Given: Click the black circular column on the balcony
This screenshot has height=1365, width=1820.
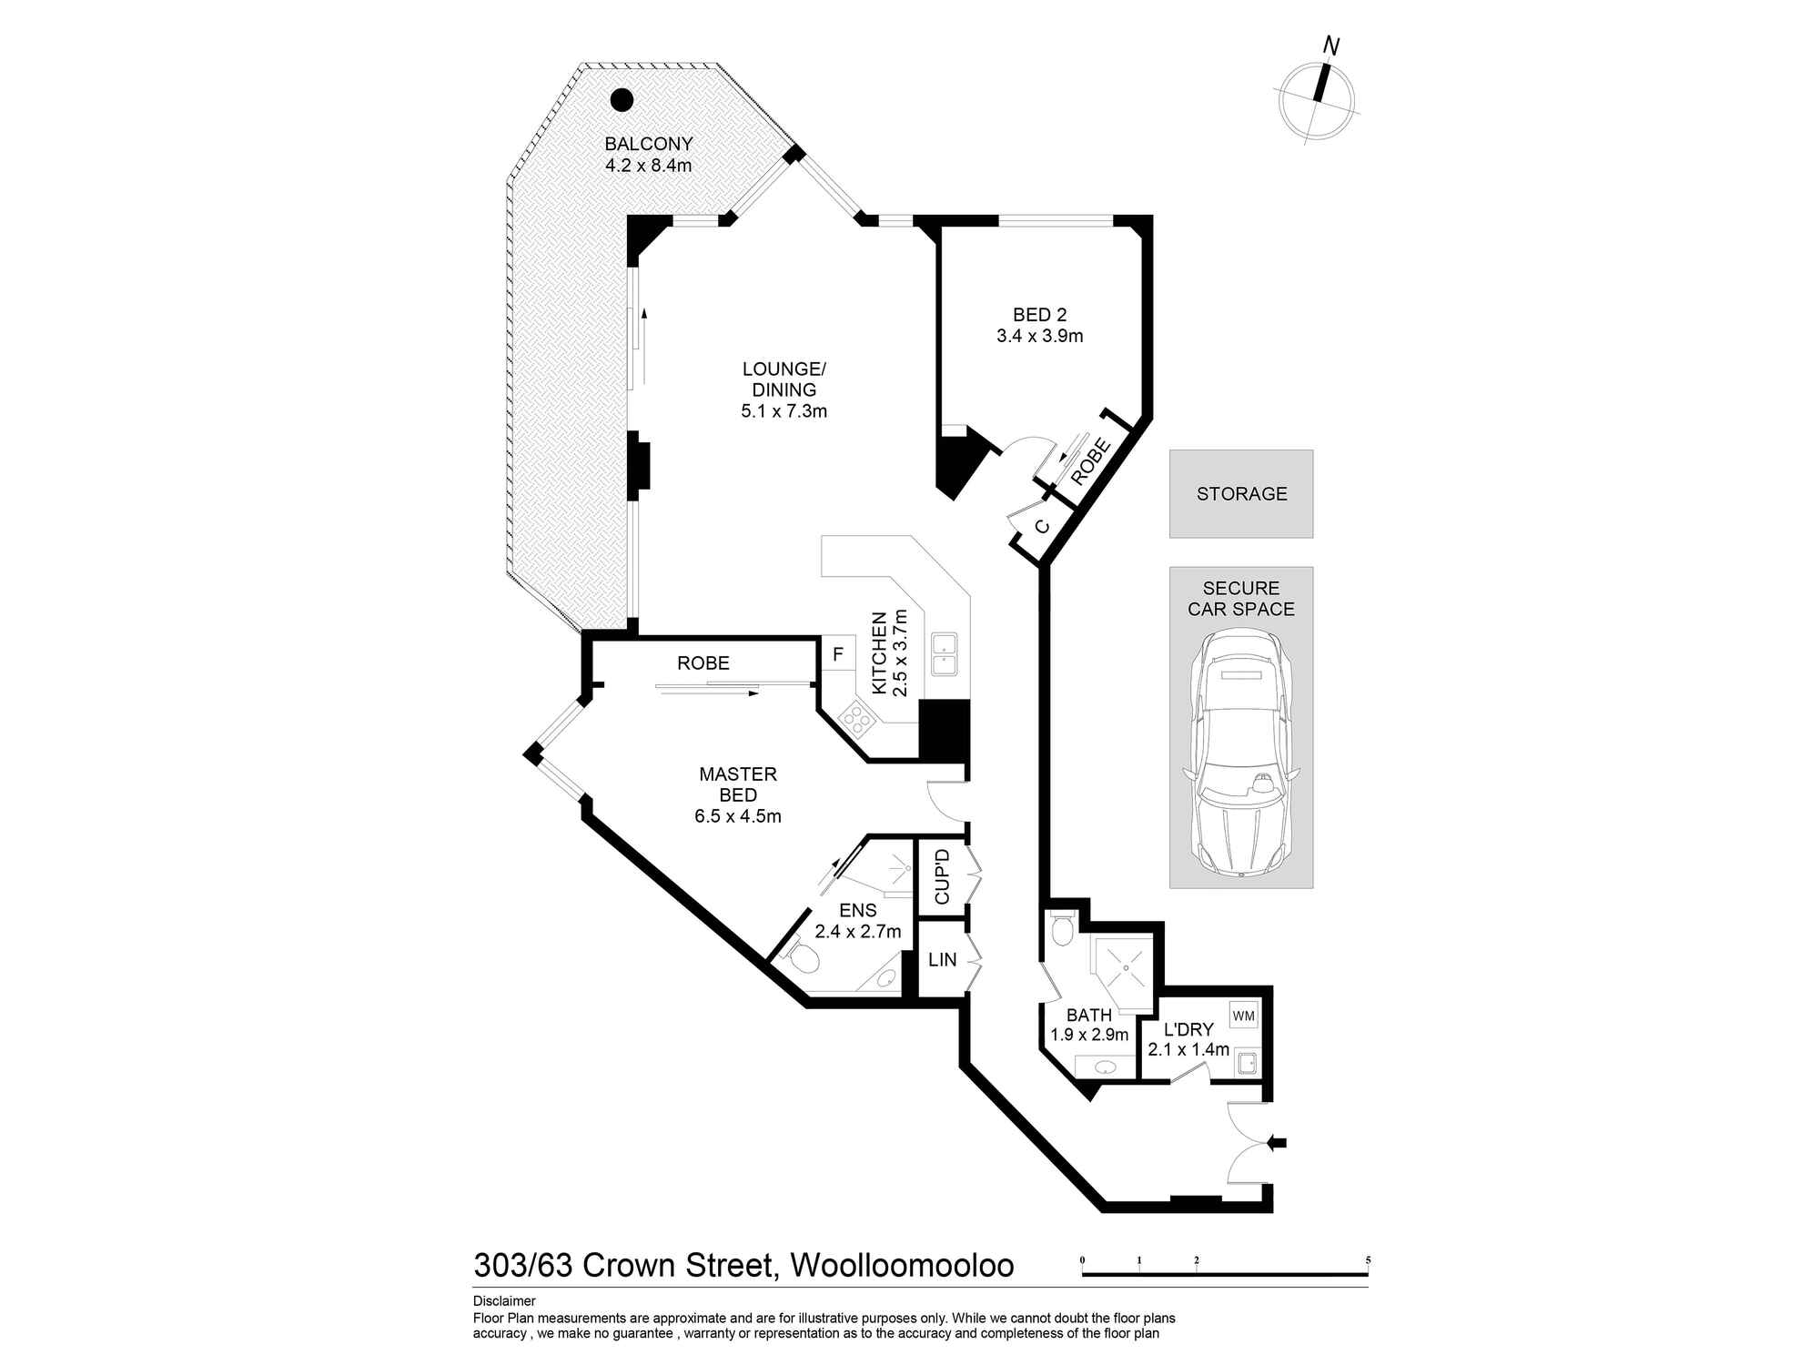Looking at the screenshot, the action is [x=622, y=99].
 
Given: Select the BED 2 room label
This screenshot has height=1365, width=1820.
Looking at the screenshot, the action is [x=1040, y=315].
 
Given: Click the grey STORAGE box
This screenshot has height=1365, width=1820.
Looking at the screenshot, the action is [x=1241, y=493].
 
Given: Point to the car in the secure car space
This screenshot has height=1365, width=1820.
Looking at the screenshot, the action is [x=1241, y=753].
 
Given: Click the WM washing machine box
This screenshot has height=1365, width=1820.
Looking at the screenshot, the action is [x=1243, y=1015].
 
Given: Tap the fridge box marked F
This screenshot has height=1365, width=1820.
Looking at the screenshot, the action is [x=838, y=654].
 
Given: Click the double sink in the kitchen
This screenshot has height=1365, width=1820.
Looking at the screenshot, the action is [x=943, y=653].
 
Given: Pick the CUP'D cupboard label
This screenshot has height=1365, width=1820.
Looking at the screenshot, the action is [x=942, y=876].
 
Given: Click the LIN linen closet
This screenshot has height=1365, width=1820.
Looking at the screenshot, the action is [x=943, y=959].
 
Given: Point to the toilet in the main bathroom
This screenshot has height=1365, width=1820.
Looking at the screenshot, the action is [x=1062, y=929].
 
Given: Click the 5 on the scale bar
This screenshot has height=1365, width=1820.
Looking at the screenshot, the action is [x=1368, y=1260].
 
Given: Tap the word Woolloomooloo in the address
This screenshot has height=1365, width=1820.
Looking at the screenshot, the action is [x=902, y=1266].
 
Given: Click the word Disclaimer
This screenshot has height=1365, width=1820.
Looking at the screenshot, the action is [x=504, y=1301].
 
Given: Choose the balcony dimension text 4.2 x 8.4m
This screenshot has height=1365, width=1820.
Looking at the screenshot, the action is [x=649, y=166].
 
